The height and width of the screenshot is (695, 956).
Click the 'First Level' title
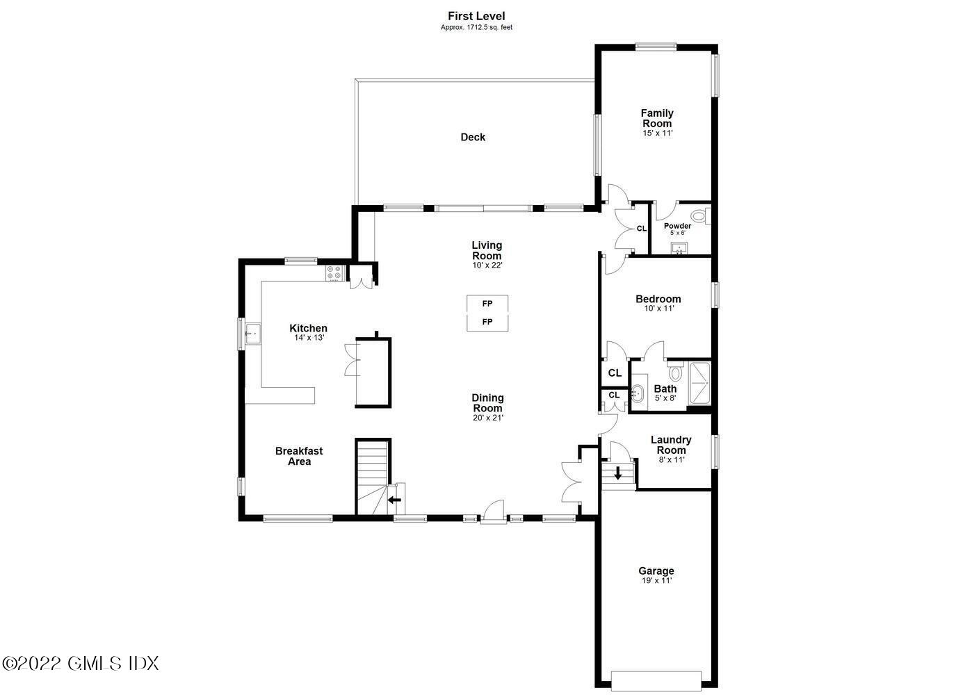(x=476, y=16)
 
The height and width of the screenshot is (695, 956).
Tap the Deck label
(x=473, y=137)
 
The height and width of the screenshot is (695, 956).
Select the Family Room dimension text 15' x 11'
(x=657, y=133)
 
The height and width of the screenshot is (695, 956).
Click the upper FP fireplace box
(x=487, y=304)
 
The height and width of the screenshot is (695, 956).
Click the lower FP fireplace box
(x=487, y=322)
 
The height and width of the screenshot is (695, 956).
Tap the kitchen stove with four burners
(x=334, y=273)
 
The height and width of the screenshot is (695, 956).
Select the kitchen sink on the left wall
(x=251, y=334)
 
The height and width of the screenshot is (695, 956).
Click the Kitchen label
(x=308, y=328)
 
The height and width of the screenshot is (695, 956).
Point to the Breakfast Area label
(x=299, y=456)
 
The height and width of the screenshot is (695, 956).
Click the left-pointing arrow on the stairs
(x=394, y=499)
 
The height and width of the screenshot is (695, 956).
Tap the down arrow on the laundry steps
(x=618, y=474)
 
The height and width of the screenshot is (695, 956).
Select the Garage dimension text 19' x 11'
(x=656, y=580)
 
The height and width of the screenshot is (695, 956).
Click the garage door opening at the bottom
(x=656, y=679)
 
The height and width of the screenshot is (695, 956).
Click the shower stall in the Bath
(x=699, y=383)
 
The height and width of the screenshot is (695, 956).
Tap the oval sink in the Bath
(x=638, y=395)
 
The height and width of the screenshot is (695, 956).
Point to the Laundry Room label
(x=671, y=445)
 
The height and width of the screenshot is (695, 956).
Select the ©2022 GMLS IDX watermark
(x=81, y=663)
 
